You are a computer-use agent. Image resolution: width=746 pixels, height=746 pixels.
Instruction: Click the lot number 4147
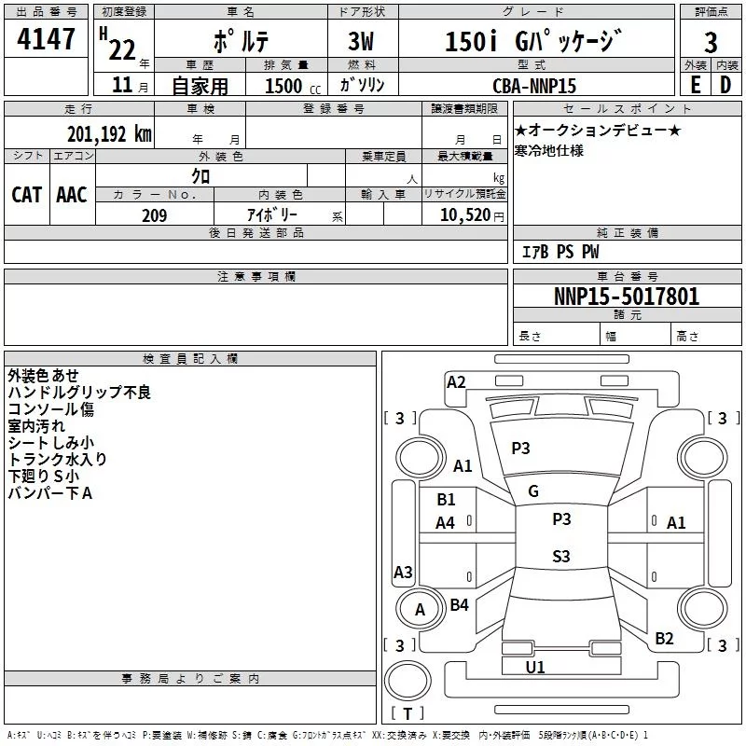pyautogui.click(x=46, y=39)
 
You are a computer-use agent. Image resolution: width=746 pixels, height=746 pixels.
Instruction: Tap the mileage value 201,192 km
pyautogui.click(x=109, y=134)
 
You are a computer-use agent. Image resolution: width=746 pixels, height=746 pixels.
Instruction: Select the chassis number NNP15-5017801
pyautogui.click(x=627, y=297)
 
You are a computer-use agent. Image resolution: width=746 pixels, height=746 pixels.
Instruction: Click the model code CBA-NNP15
pyautogui.click(x=533, y=86)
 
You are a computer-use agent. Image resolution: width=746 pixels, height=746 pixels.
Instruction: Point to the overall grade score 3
pyautogui.click(x=711, y=42)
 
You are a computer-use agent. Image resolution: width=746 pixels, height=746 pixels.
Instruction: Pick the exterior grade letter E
pyautogui.click(x=696, y=85)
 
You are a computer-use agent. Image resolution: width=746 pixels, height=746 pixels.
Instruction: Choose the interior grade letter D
pyautogui.click(x=725, y=85)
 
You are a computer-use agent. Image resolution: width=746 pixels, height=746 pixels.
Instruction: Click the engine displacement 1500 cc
pyautogui.click(x=293, y=87)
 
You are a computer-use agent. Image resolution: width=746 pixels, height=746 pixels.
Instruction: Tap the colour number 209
pyautogui.click(x=154, y=215)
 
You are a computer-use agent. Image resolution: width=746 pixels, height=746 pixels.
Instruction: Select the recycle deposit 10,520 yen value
pyautogui.click(x=472, y=215)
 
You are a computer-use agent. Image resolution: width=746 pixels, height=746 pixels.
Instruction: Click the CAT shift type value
pyautogui.click(x=27, y=195)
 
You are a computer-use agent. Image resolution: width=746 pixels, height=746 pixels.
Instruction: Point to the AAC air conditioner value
pyautogui.click(x=72, y=195)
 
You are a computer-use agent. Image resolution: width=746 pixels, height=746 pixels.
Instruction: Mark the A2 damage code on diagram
pyautogui.click(x=456, y=382)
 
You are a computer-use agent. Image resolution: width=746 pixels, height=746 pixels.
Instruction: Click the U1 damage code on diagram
pyautogui.click(x=534, y=667)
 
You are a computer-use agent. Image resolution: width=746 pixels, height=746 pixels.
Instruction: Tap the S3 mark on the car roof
pyautogui.click(x=561, y=556)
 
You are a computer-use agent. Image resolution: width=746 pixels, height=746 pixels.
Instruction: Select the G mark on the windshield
pyautogui.click(x=533, y=491)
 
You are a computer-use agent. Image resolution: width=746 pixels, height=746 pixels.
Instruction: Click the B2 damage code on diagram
pyautogui.click(x=664, y=638)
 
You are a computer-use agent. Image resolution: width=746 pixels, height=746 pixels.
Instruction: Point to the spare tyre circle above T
pyautogui.click(x=408, y=681)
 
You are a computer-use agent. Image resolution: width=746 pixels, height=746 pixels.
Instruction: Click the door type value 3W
pyautogui.click(x=361, y=41)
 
